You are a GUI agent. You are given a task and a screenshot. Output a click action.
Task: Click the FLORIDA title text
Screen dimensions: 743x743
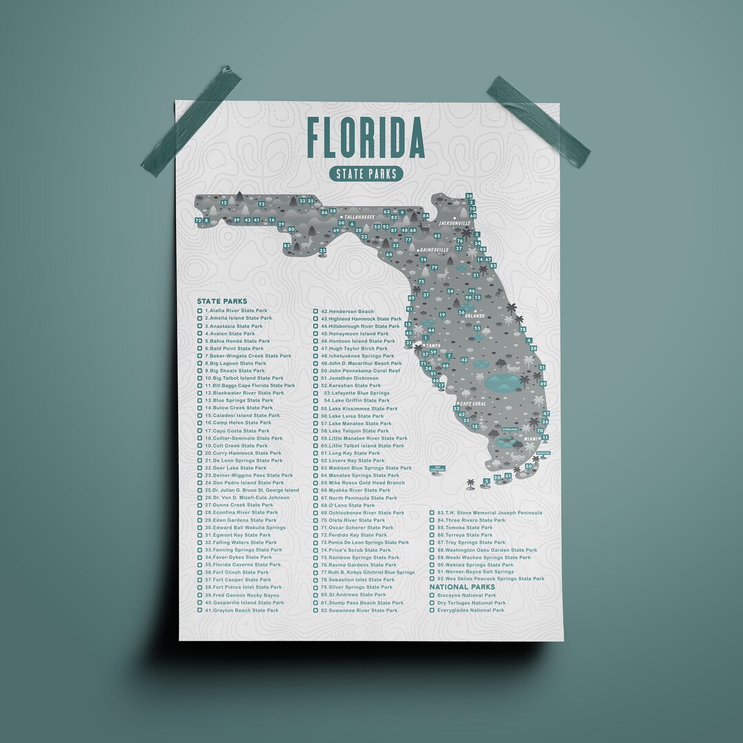tap(365, 138)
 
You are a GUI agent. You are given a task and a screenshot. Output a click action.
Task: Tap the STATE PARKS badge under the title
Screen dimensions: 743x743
tap(365, 174)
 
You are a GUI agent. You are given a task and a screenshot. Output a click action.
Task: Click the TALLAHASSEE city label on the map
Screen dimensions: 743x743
tap(360, 217)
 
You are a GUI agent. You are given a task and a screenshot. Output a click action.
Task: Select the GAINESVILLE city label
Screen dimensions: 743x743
tap(435, 250)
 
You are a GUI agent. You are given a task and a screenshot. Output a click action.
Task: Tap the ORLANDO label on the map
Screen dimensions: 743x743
tap(475, 316)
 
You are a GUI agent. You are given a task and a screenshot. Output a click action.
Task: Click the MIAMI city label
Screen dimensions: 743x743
tap(530, 438)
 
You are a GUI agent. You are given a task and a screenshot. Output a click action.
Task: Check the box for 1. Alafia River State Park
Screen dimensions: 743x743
tap(200, 311)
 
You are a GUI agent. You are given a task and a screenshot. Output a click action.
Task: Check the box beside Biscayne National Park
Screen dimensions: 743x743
tap(432, 595)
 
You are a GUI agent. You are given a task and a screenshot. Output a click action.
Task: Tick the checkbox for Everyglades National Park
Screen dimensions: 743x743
tap(432, 610)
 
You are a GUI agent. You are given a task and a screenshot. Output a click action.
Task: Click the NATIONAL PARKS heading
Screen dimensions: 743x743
tap(462, 588)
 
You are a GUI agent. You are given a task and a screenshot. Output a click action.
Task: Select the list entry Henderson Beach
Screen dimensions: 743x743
tap(347, 312)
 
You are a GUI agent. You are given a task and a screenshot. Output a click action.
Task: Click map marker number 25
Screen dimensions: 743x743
tap(322, 251)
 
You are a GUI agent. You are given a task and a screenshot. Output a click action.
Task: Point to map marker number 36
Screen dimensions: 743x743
tap(469, 196)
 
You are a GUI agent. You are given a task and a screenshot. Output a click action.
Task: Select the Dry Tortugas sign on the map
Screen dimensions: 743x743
tap(436, 469)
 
